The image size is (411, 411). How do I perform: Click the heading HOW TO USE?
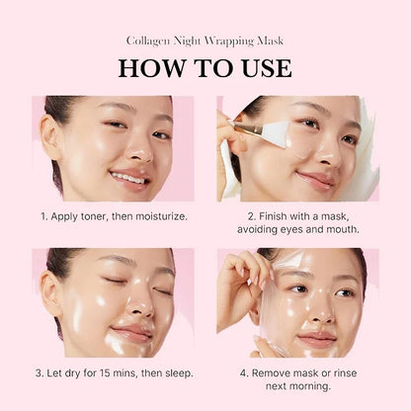click(x=205, y=67)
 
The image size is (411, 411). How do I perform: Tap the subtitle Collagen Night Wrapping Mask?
click(x=205, y=41)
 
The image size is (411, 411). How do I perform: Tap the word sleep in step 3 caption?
click(x=173, y=372)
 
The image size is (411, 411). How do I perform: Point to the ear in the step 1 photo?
click(x=51, y=136)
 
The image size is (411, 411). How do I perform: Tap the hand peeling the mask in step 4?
click(x=239, y=282)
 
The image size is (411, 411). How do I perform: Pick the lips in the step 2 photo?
click(x=316, y=180)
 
